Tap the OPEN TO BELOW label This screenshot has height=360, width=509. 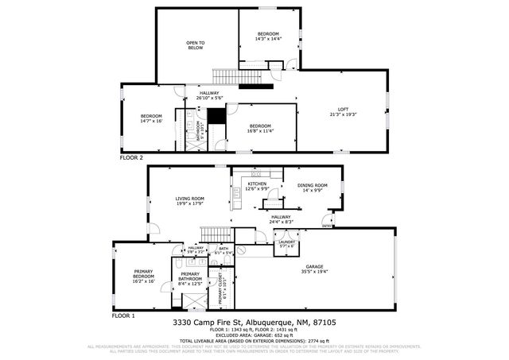pyautogui.click(x=196, y=45)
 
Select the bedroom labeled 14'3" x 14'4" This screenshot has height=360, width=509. pyautogui.click(x=267, y=36)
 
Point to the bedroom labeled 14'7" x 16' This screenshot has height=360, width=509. pyautogui.click(x=151, y=118)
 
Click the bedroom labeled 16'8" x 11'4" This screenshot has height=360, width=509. pyautogui.click(x=260, y=129)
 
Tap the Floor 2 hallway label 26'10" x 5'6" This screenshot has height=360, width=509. pyautogui.click(x=209, y=95)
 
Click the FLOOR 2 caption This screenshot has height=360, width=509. pyautogui.click(x=131, y=157)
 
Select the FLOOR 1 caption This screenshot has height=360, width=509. pyautogui.click(x=123, y=315)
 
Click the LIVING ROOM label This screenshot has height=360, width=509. pyautogui.click(x=189, y=201)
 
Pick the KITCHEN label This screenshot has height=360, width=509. pyautogui.click(x=257, y=186)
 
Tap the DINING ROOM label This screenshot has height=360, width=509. pyautogui.click(x=313, y=188)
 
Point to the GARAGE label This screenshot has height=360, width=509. pyautogui.click(x=316, y=269)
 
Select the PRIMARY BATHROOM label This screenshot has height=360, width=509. pyautogui.click(x=189, y=277)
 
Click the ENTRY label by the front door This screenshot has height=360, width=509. pyautogui.click(x=326, y=226)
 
